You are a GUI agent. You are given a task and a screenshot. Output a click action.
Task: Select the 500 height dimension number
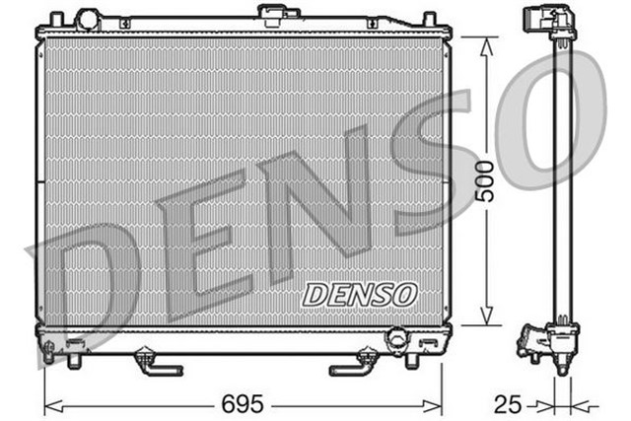click(x=484, y=180)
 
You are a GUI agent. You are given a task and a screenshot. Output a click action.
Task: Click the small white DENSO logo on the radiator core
click(x=360, y=293)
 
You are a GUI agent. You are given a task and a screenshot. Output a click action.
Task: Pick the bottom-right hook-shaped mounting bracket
click(x=355, y=365)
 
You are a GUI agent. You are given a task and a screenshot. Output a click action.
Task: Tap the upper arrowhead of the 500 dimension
click(x=484, y=45)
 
